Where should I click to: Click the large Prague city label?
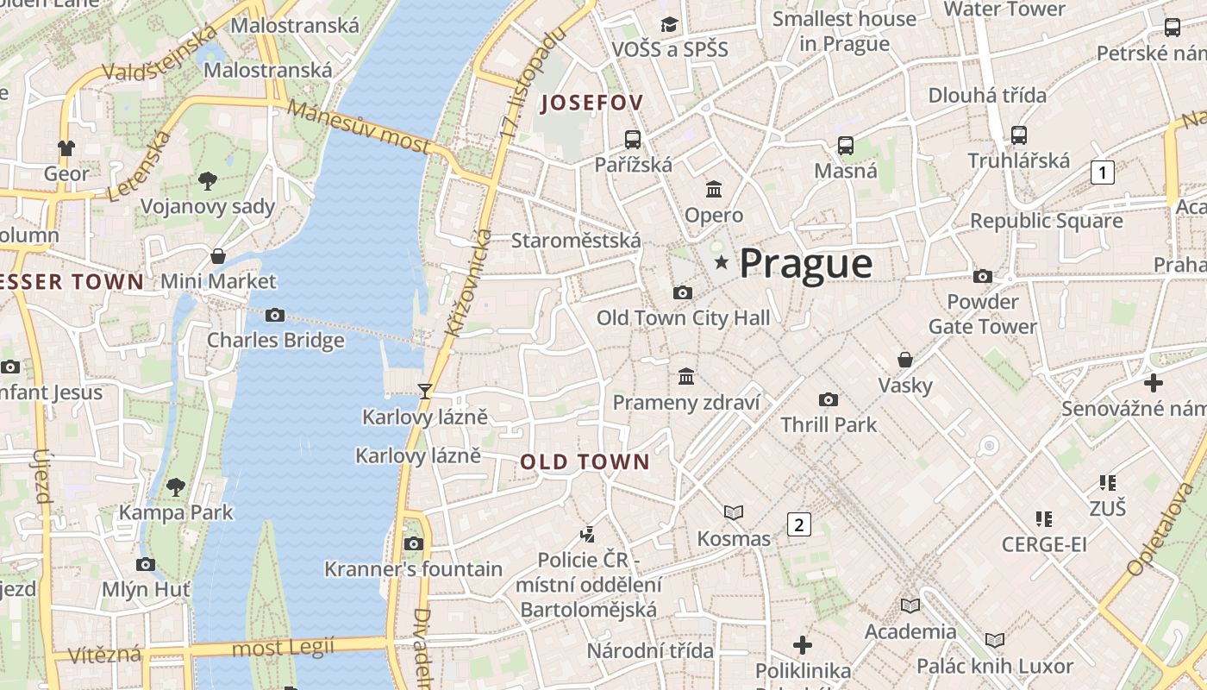point(806,263)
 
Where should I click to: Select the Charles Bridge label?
point(275,341)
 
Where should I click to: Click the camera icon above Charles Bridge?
point(275,315)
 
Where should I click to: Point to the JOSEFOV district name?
point(591,103)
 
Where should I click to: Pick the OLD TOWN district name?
point(585,462)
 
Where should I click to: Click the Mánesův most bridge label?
point(358,127)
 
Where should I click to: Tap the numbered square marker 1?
point(1102,172)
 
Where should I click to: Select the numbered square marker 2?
point(799,524)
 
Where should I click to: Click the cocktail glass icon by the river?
point(424,392)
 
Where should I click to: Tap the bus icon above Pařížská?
point(633,139)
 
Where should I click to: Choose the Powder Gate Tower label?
point(982,314)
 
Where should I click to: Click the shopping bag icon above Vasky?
point(905,359)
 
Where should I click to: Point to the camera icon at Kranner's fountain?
point(414,543)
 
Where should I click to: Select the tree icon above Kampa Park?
point(176,486)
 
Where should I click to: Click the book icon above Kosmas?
point(734,513)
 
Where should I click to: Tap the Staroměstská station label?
point(576,241)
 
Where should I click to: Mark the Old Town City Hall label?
point(683,318)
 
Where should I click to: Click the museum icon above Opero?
point(714,189)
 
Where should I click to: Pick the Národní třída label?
point(650,650)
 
